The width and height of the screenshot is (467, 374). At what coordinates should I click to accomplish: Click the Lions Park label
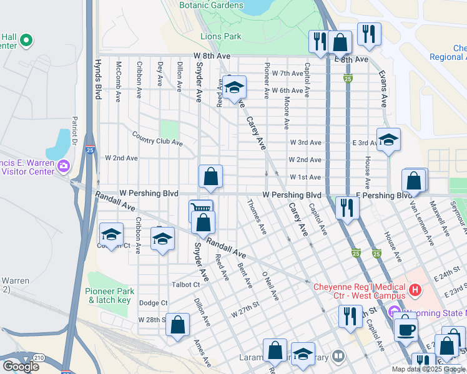click(x=221, y=36)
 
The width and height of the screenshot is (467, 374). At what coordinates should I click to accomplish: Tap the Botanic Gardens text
click(x=211, y=6)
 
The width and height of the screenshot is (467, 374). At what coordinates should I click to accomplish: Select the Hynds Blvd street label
click(x=97, y=79)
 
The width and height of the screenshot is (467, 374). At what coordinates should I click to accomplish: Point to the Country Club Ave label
click(x=157, y=138)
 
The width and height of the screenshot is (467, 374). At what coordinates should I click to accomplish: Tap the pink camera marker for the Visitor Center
click(x=62, y=166)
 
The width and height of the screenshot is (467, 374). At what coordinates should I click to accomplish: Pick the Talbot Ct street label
click(x=185, y=284)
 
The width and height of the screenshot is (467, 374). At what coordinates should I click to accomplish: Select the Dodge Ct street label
click(x=154, y=303)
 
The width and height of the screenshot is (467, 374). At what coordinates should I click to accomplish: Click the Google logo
click(x=21, y=366)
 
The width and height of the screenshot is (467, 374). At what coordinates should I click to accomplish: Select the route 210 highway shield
click(x=39, y=357)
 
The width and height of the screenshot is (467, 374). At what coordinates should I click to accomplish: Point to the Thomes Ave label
click(x=257, y=217)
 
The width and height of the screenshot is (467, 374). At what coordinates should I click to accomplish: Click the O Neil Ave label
click(x=270, y=285)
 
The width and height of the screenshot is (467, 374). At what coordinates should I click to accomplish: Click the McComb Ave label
click(x=117, y=80)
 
